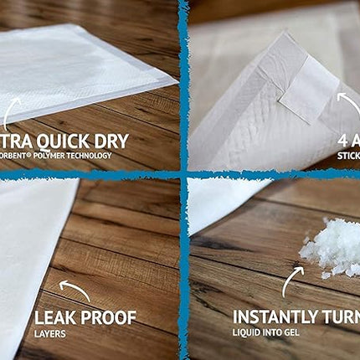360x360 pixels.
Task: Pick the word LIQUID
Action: point(248,332)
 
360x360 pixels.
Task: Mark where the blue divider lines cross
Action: point(183,174)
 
